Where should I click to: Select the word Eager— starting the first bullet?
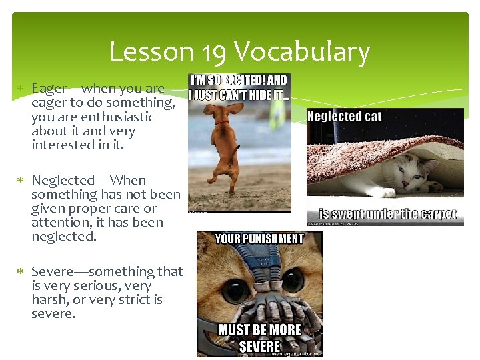pos(56,88)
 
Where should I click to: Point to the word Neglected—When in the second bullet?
pos(89,180)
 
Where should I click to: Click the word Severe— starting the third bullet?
pos(59,271)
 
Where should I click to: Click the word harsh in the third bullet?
pos(49,299)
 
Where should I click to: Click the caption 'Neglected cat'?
pos(344,117)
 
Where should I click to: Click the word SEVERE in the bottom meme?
pos(259,346)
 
